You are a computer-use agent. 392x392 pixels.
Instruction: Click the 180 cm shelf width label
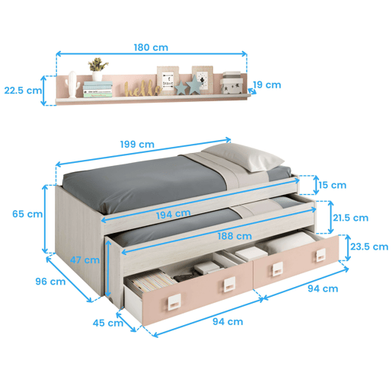pyautogui.click(x=151, y=47)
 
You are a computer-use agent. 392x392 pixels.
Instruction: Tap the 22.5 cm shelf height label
pyautogui.click(x=23, y=91)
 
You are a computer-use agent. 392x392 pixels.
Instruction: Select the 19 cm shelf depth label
pyautogui.click(x=267, y=84)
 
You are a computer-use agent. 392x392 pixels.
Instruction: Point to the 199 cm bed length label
pyautogui.click(x=137, y=145)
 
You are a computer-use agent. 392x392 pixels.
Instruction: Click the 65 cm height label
pyautogui.click(x=27, y=214)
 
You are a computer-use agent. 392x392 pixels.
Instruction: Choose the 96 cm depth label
pyautogui.click(x=50, y=282)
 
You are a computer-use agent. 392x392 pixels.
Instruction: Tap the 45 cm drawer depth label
pyautogui.click(x=108, y=323)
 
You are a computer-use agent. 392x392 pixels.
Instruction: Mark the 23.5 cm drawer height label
pyautogui.click(x=369, y=247)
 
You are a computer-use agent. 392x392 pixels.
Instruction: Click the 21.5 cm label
pyautogui.click(x=351, y=218)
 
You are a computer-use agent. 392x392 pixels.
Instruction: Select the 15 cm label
pyautogui.click(x=333, y=185)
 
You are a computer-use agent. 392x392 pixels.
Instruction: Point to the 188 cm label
pyautogui.click(x=234, y=236)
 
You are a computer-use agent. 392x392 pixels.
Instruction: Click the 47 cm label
pyautogui.click(x=84, y=260)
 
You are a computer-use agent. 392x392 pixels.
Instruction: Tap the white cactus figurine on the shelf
pyautogui.click(x=72, y=84)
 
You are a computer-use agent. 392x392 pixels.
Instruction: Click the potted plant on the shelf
pyautogui.click(x=97, y=69)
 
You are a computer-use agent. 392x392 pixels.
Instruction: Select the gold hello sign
pyautogui.click(x=143, y=88)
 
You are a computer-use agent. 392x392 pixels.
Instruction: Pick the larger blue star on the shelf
pyautogui.click(x=194, y=84)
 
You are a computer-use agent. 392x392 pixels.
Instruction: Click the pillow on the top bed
pyautogui.click(x=243, y=157)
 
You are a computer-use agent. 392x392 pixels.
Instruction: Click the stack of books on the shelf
pyautogui.click(x=97, y=89)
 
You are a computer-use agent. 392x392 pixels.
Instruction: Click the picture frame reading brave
pyautogui.click(x=167, y=80)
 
